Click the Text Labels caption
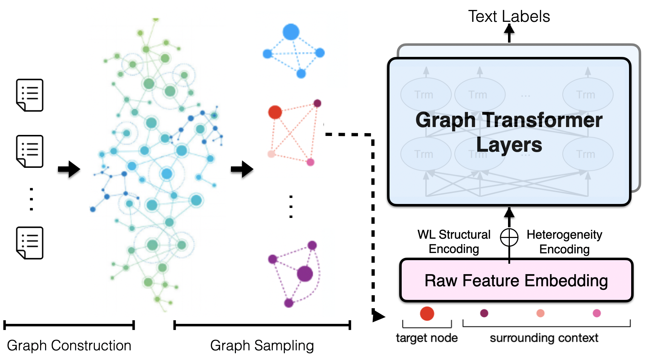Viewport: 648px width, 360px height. (x=509, y=16)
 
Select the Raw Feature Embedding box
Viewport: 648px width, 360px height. (x=516, y=281)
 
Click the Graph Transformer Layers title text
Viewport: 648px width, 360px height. (x=509, y=132)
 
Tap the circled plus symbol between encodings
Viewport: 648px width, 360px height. (x=509, y=237)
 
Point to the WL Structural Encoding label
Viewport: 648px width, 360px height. (x=454, y=242)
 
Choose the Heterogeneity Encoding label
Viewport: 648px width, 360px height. (x=564, y=242)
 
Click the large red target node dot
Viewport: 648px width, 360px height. (x=427, y=313)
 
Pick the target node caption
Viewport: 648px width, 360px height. (x=427, y=338)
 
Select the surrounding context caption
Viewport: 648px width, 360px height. (x=544, y=338)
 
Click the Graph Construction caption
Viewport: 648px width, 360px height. (x=69, y=345)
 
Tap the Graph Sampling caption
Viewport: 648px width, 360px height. (x=262, y=345)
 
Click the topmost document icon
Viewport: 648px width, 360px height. (x=30, y=95)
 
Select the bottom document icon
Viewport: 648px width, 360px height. (x=30, y=243)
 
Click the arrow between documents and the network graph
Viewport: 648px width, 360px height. (x=69, y=169)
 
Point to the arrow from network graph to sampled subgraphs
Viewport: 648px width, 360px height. (x=242, y=169)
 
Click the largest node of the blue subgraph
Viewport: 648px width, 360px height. (x=291, y=32)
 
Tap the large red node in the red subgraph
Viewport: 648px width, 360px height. (x=275, y=112)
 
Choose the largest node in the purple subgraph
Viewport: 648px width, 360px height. (x=305, y=274)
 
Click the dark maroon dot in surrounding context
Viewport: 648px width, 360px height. (x=484, y=313)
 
